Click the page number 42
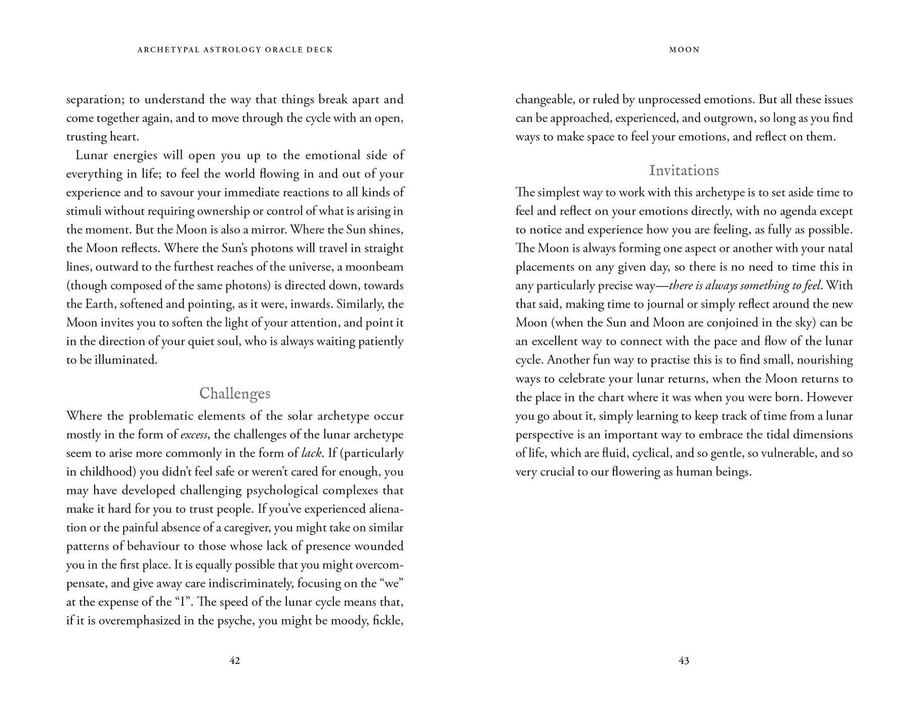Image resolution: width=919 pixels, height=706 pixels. coord(235,660)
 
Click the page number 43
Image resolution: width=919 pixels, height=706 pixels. coord(684,660)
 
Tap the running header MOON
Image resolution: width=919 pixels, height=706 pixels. coord(684,50)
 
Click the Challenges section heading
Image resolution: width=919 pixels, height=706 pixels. coord(235,393)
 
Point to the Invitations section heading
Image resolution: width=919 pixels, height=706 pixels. coord(684,171)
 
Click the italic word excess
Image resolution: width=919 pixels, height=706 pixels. coord(194,435)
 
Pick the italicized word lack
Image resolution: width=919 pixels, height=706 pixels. coord(312,453)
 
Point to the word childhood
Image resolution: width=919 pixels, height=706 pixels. coord(107,472)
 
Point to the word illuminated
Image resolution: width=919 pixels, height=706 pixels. coord(126,360)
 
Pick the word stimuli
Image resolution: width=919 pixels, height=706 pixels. coord(83,211)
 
